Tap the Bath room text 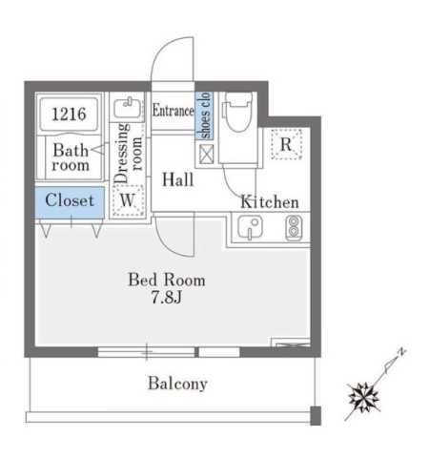click(70, 157)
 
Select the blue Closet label click(70, 200)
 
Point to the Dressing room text click(127, 152)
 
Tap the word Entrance click(173, 111)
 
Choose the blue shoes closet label click(202, 115)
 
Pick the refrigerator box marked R click(286, 145)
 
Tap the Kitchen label click(270, 202)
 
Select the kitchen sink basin click(252, 228)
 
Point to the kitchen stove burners click(294, 228)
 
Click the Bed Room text click(167, 281)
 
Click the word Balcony click(177, 385)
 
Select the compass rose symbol click(365, 395)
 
